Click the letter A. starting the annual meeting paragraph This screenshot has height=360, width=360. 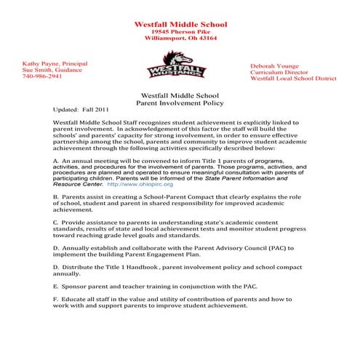57,158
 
